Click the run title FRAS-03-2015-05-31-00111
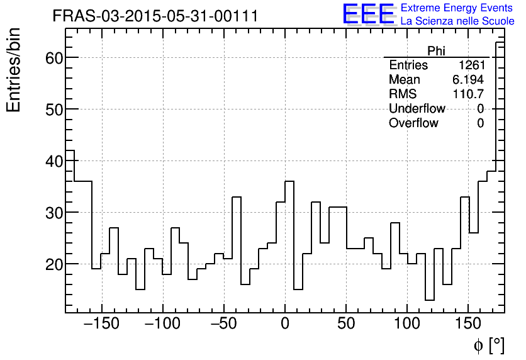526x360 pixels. coord(155,16)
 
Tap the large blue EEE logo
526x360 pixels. coord(369,14)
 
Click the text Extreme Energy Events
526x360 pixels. coord(457,8)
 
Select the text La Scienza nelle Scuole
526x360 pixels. coord(457,21)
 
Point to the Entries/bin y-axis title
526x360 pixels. coord(14,70)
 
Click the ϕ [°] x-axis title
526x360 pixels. coord(488,346)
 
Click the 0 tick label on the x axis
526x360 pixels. coord(285,324)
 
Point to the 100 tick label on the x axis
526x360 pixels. coord(407,324)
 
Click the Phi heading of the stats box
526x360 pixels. coord(436,52)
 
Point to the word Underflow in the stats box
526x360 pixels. coord(417,109)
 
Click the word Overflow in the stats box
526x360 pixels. coord(413,123)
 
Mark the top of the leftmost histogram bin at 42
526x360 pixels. coord(70,150)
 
